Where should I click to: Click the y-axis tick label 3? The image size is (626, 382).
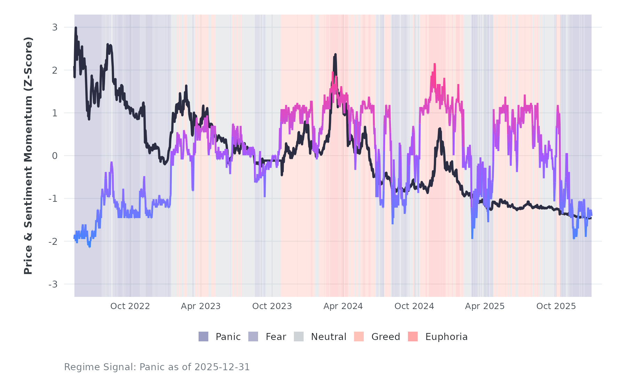click(x=55, y=27)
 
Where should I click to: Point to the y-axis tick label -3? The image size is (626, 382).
click(x=53, y=284)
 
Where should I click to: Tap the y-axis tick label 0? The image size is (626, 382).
click(x=55, y=156)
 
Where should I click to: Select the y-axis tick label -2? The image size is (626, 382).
click(x=53, y=242)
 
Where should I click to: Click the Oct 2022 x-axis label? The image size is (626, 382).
click(x=130, y=306)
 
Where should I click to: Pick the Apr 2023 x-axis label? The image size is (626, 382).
click(x=201, y=306)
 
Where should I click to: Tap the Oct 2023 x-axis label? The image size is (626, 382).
click(x=272, y=306)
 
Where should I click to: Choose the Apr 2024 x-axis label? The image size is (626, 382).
click(x=343, y=306)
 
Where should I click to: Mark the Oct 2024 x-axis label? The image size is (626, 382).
click(x=414, y=306)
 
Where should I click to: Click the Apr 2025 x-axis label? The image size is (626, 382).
click(x=485, y=306)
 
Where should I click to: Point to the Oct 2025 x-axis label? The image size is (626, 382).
click(x=556, y=306)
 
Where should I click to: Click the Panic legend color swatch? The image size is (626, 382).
click(x=203, y=337)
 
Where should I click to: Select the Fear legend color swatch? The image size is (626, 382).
click(x=253, y=337)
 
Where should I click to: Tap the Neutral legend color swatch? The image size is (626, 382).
click(x=299, y=337)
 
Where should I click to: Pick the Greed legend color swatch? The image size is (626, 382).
click(x=359, y=337)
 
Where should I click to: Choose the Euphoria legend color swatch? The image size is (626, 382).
click(x=413, y=337)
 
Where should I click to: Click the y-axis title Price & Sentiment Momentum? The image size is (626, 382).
click(x=28, y=156)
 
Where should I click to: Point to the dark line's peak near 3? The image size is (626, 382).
click(x=76, y=28)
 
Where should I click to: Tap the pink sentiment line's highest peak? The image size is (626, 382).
click(x=434, y=64)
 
